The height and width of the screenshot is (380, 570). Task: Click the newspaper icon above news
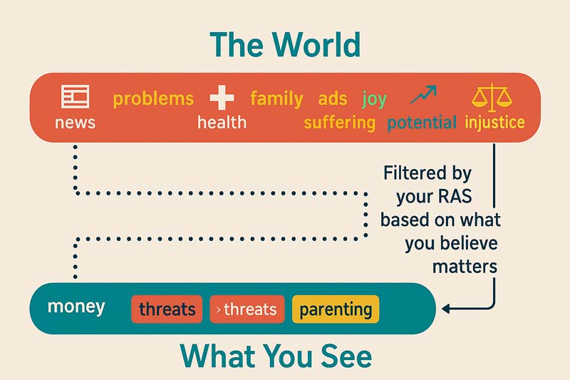(x=76, y=96)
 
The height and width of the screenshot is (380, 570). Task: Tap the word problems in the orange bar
(x=153, y=99)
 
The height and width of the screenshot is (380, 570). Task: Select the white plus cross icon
(x=222, y=98)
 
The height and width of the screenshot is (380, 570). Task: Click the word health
(x=222, y=122)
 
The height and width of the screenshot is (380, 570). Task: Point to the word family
(x=276, y=99)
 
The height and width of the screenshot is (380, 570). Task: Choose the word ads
(x=333, y=98)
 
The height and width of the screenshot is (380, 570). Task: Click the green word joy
(x=375, y=100)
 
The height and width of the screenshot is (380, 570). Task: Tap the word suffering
(x=340, y=123)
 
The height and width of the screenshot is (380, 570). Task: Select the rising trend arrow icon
(x=423, y=95)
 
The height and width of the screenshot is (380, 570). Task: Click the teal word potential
(x=422, y=123)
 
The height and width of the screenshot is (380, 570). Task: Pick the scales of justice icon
(x=492, y=97)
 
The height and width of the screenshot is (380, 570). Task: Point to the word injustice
(x=494, y=122)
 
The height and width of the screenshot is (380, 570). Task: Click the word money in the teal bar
(x=76, y=307)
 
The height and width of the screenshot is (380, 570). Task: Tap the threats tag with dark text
(x=167, y=309)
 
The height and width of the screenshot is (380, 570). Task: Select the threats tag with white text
(x=247, y=309)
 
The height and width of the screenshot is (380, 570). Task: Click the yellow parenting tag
(x=336, y=309)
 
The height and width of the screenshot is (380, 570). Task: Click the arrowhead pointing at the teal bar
(x=446, y=309)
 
